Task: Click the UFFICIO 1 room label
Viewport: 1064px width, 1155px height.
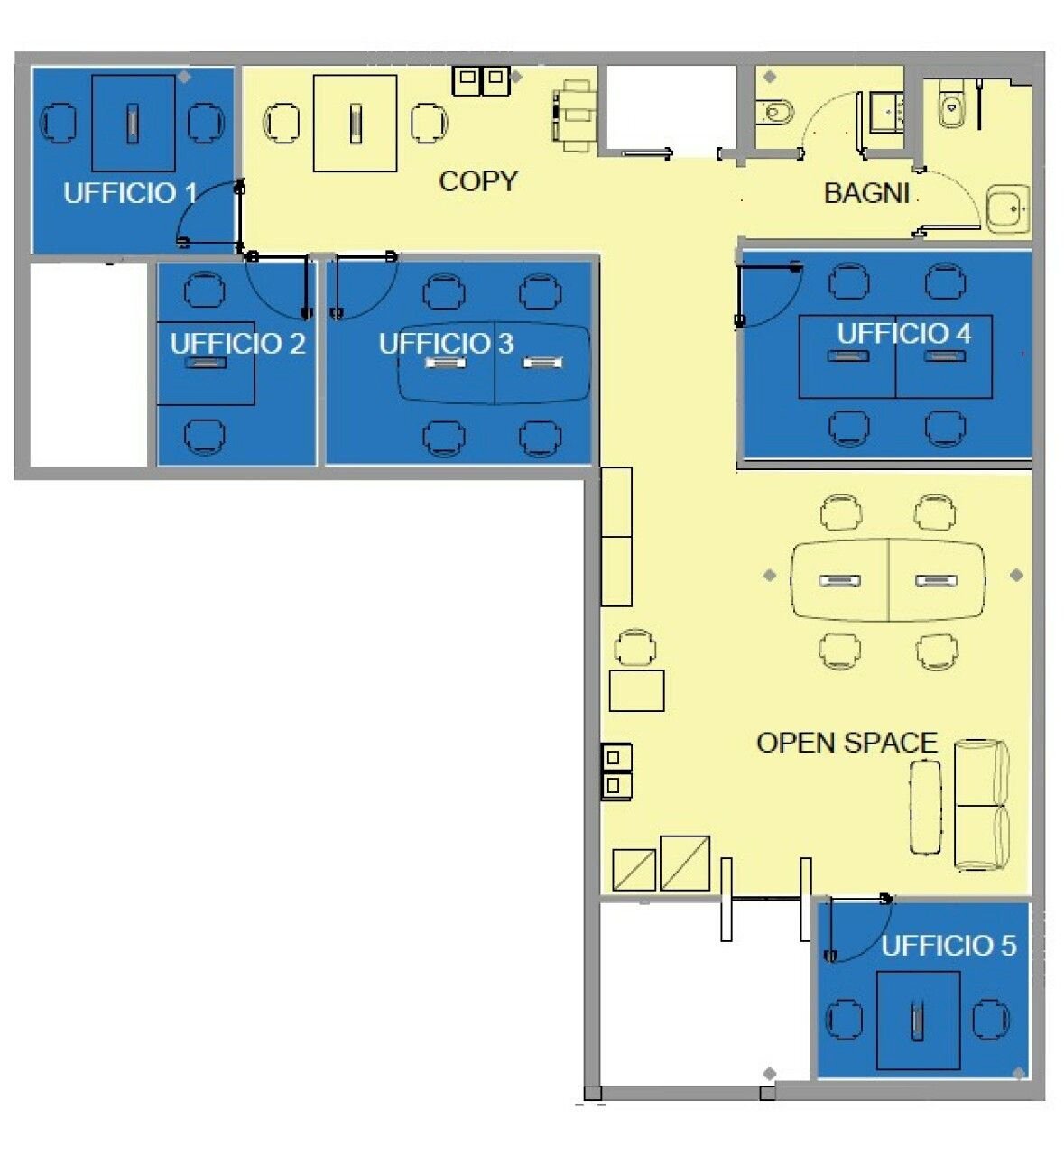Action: (x=130, y=193)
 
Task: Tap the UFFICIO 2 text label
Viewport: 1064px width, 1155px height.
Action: (x=237, y=344)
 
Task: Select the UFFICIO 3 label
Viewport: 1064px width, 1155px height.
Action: (x=446, y=344)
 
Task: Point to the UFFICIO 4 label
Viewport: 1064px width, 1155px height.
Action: (x=903, y=334)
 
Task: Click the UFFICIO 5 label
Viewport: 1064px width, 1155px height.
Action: (x=948, y=946)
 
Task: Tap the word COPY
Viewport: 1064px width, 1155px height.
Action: (x=478, y=181)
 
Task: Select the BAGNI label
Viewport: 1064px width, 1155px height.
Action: (x=866, y=193)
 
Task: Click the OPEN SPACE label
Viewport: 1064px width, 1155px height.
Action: (x=847, y=743)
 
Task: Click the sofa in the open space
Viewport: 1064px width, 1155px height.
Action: (x=981, y=805)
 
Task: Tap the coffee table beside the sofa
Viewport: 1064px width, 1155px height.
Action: (x=925, y=808)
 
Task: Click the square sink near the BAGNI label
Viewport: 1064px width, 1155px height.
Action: (x=1007, y=209)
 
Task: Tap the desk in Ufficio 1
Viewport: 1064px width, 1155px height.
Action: (x=134, y=124)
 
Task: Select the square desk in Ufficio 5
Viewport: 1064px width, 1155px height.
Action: (x=918, y=1021)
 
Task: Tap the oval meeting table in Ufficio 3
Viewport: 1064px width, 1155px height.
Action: (x=495, y=364)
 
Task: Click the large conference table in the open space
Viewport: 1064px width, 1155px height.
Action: (x=888, y=580)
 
